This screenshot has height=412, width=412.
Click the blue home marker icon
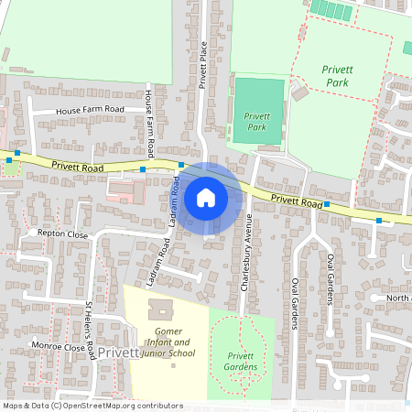pos(206,197)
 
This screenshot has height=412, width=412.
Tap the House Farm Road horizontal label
pos(89,110)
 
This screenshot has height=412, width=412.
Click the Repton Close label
pos(62,234)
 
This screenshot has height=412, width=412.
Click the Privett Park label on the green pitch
pos(257,121)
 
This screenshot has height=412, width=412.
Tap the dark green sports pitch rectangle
pos(258,110)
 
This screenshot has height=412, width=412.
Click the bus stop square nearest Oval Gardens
pos(326,205)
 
